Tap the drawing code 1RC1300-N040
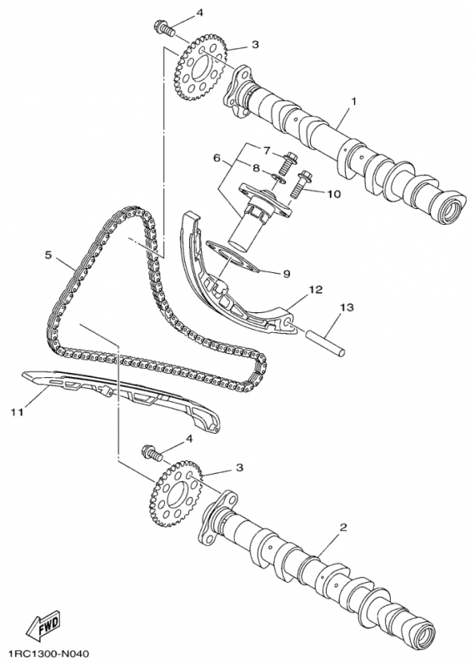[47, 653]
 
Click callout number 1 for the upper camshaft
[353, 101]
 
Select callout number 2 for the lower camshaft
[343, 527]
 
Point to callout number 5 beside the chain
[48, 255]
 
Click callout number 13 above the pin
[347, 306]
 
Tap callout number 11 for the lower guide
[17, 411]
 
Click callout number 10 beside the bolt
[334, 194]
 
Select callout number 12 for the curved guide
[316, 290]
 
